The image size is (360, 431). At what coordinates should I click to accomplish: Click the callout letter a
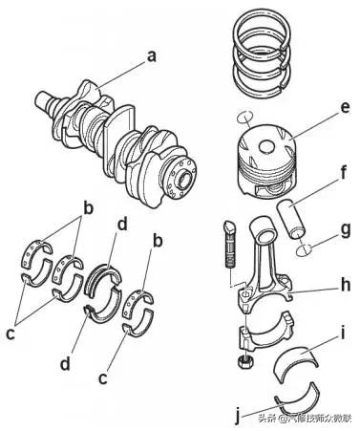point(152,56)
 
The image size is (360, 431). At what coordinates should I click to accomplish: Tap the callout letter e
point(345,108)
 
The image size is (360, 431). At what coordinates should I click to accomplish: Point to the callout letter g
point(346,230)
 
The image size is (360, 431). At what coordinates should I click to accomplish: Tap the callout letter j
point(238,416)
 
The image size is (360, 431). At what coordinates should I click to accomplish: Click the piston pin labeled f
point(291,220)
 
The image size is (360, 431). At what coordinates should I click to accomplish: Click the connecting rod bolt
point(230,244)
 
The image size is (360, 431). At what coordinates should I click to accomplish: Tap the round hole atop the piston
point(266,147)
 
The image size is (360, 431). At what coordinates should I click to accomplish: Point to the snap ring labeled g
point(304,249)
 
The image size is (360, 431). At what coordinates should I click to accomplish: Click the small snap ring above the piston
point(245,117)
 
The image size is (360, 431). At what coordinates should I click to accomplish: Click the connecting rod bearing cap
point(265,332)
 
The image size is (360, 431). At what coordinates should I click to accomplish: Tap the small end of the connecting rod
point(264,230)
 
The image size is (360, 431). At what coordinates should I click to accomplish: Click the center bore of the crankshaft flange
point(184,181)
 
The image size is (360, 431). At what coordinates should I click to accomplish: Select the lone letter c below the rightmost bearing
point(102,378)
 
